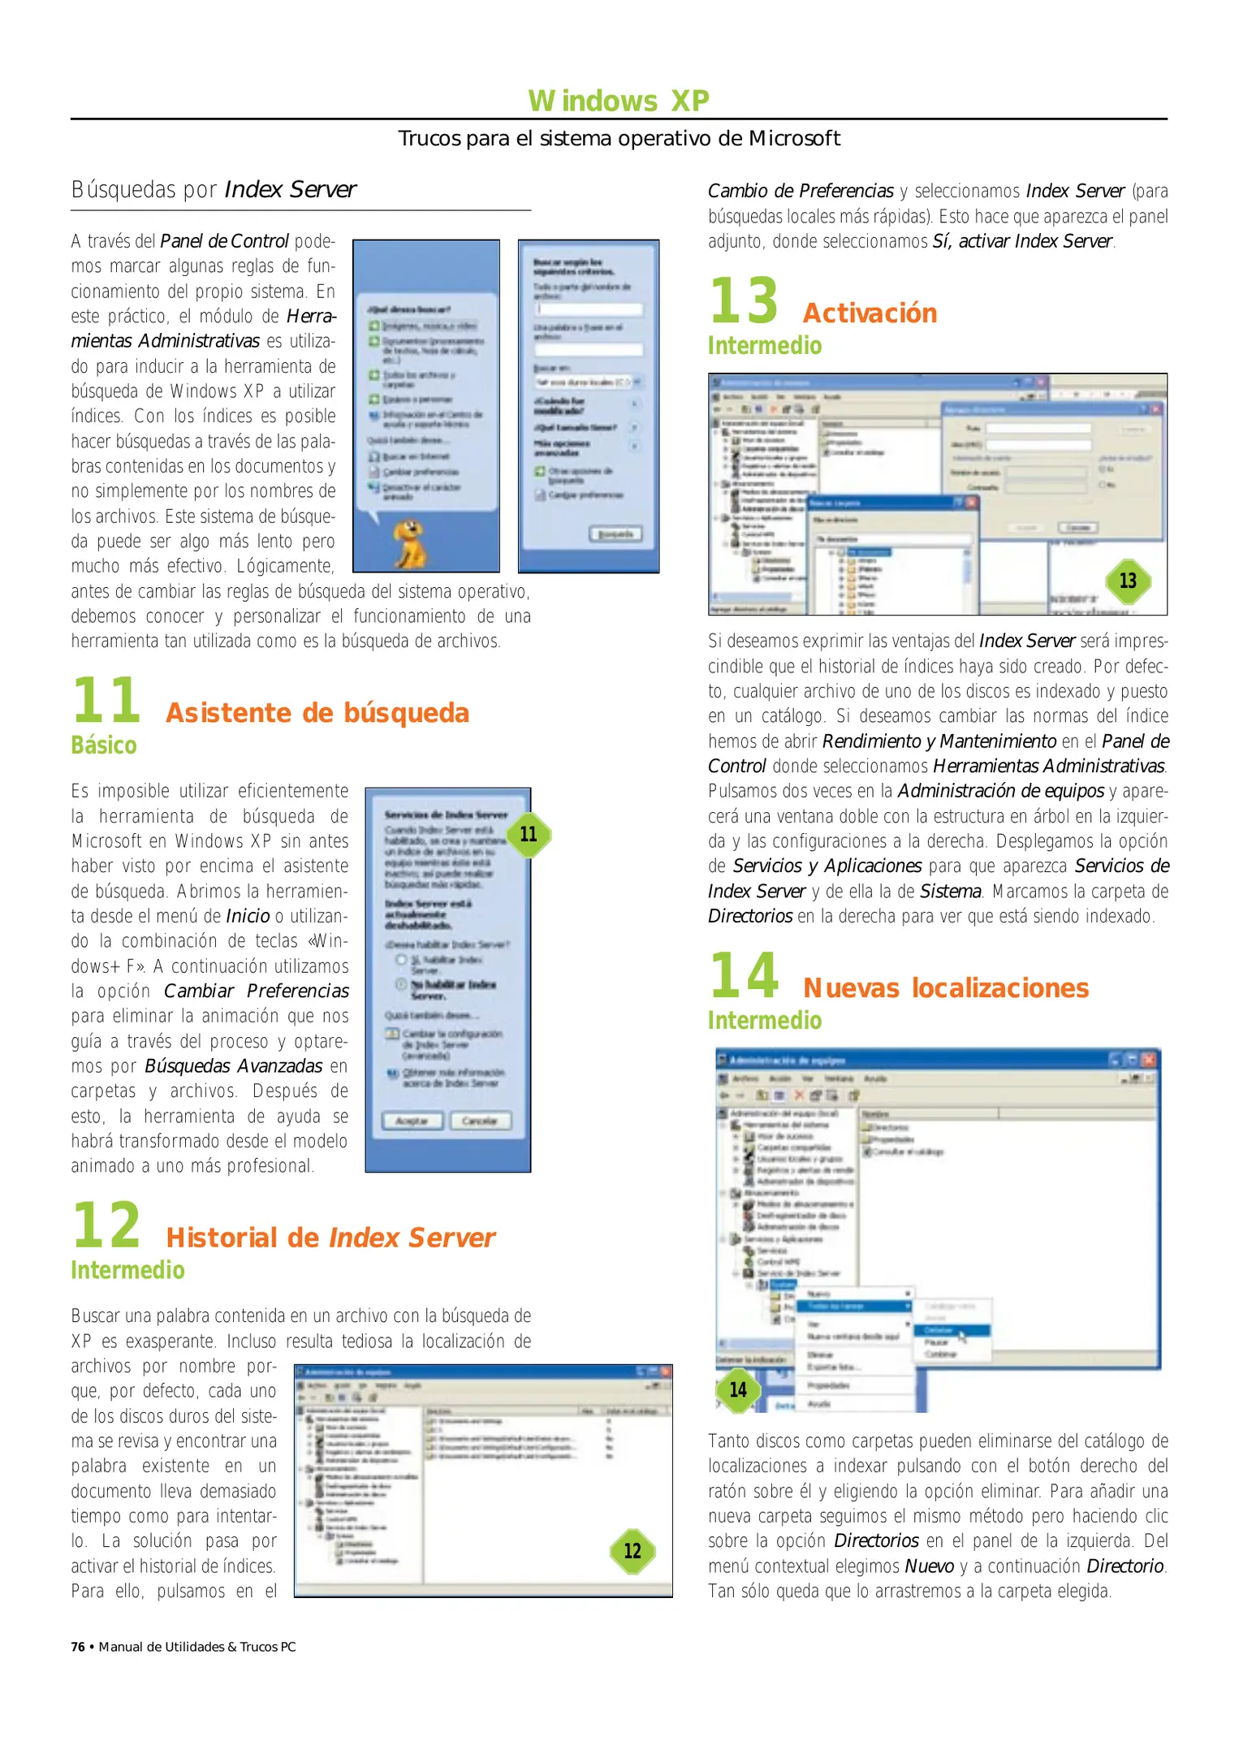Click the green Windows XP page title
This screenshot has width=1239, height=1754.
(619, 101)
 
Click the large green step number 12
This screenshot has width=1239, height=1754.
(106, 1225)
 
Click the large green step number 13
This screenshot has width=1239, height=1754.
(743, 300)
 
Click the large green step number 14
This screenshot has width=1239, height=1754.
(743, 975)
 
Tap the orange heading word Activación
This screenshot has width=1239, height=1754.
(870, 313)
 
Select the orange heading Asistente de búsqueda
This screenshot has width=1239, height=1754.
(317, 712)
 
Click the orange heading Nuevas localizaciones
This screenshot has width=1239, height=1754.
(946, 987)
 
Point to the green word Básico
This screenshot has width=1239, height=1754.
(104, 745)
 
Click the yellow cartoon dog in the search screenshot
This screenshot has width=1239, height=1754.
(410, 544)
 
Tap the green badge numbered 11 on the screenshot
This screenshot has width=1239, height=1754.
(529, 834)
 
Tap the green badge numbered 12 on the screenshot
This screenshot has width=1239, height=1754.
(632, 1550)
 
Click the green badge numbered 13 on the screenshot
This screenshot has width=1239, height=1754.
(1128, 581)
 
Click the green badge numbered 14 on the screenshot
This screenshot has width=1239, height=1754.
(737, 1389)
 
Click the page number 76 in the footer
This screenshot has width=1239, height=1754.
(78, 1647)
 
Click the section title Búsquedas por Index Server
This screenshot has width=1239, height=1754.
(214, 189)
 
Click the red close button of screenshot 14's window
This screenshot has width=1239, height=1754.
(1148, 1060)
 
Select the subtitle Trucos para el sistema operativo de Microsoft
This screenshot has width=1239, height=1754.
(619, 138)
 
